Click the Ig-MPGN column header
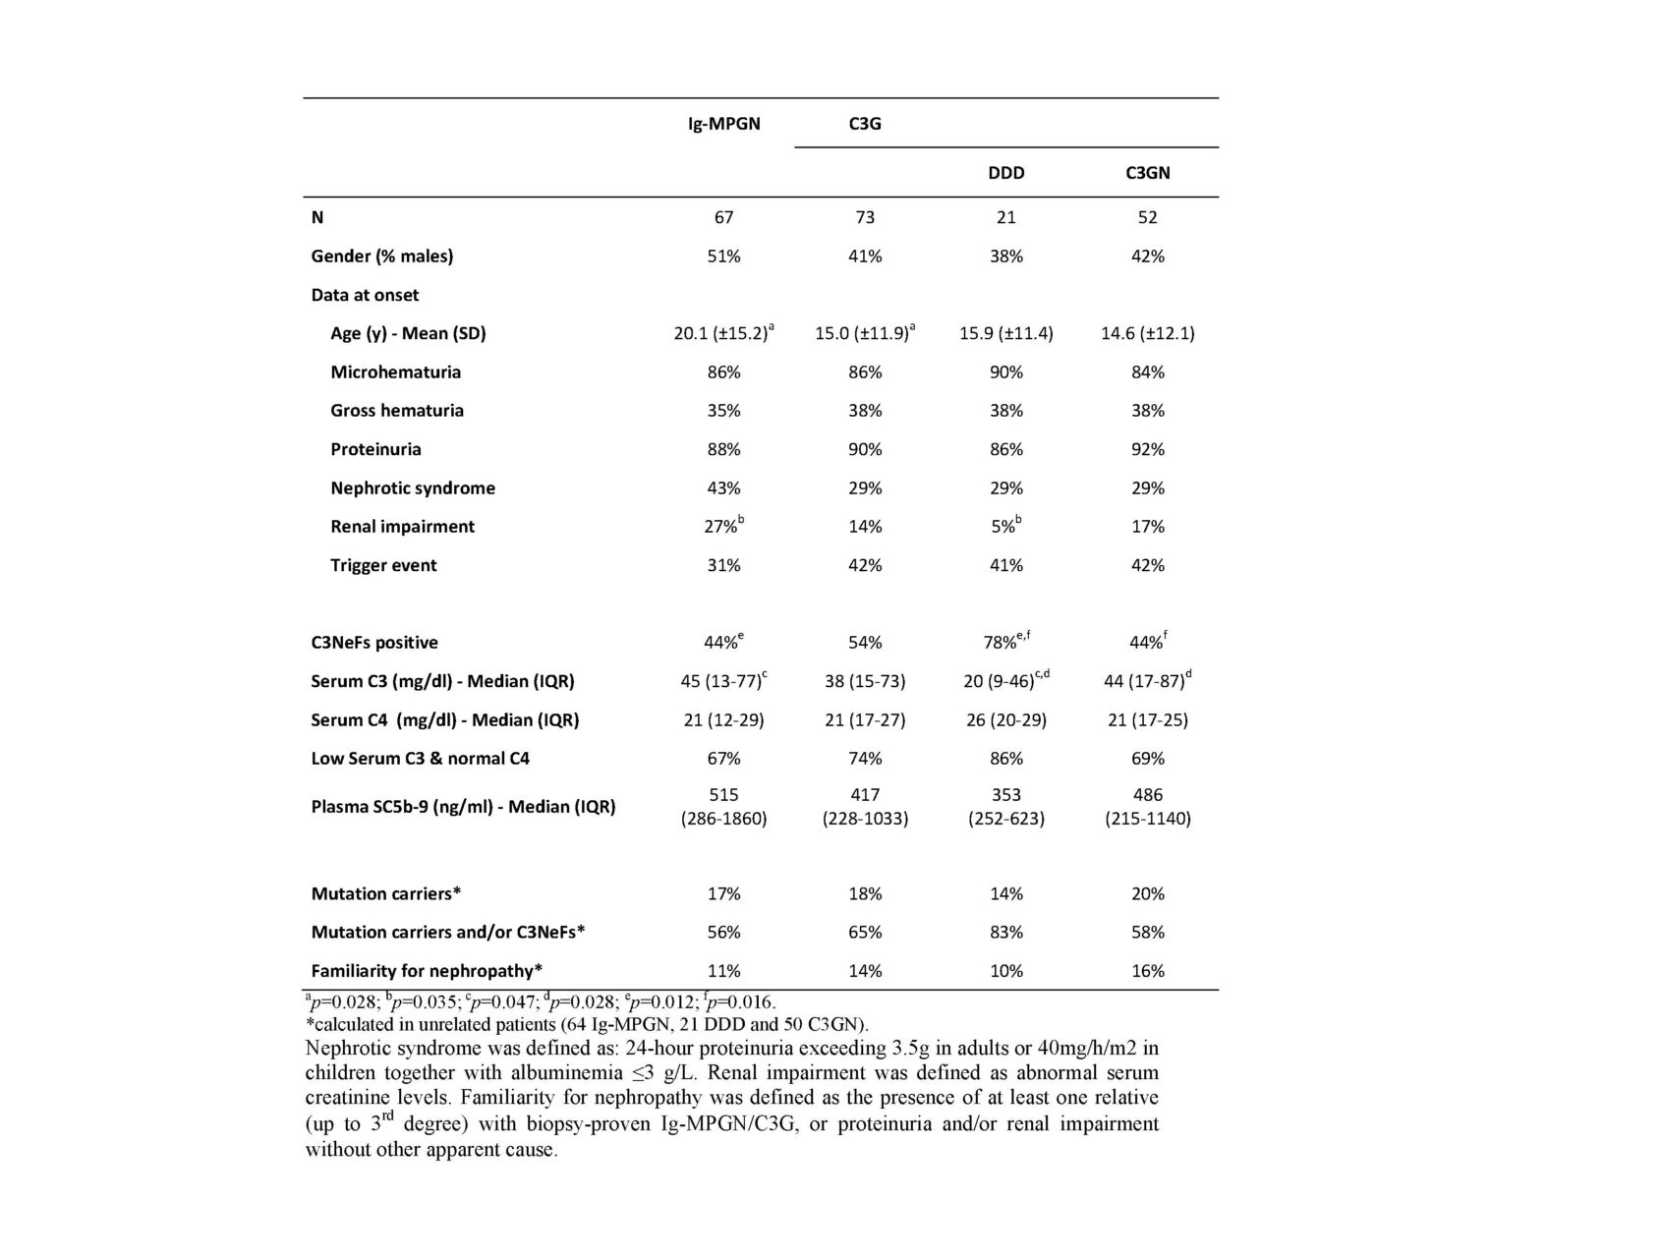click(x=723, y=124)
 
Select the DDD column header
click(x=1005, y=173)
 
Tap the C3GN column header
click(x=1147, y=173)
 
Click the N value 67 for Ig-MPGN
click(x=723, y=217)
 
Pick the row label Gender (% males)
click(x=382, y=257)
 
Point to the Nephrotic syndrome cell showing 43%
click(x=723, y=488)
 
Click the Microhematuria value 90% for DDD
click(x=1005, y=372)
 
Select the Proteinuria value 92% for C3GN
click(x=1147, y=449)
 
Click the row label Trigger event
click(x=383, y=565)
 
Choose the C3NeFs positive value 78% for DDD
click(x=1002, y=643)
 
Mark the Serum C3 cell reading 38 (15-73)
click(x=865, y=681)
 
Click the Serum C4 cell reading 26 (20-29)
click(x=1005, y=720)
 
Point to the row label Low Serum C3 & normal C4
click(x=421, y=759)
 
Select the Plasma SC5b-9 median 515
click(x=723, y=795)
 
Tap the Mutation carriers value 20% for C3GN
click(x=1147, y=894)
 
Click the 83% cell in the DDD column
click(x=1005, y=933)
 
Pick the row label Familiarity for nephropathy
click(x=427, y=971)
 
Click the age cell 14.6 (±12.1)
click(x=1147, y=333)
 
